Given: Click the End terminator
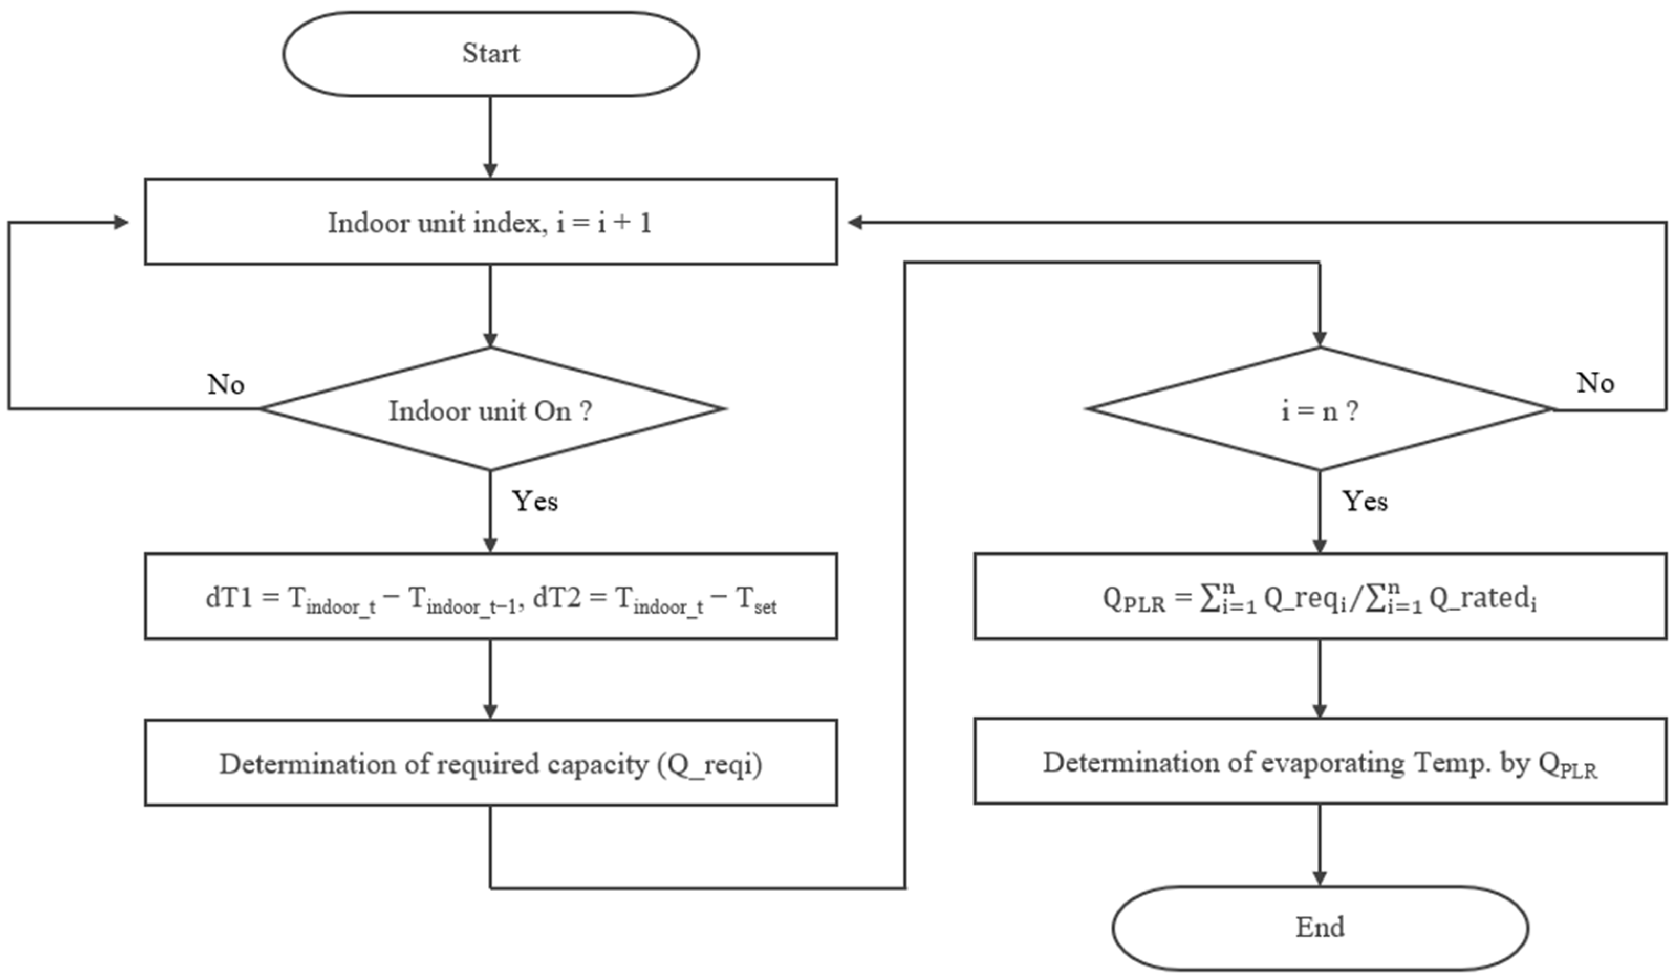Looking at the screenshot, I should tap(1320, 928).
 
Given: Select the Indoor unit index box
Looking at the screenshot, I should tap(491, 222).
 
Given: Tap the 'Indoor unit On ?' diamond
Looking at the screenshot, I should tap(491, 410).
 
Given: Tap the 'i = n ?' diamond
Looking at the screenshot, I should tap(1320, 410).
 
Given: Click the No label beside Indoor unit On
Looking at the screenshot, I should tap(225, 385).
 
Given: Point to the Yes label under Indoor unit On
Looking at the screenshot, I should tap(534, 501).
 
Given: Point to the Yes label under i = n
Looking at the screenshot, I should tap(1365, 501).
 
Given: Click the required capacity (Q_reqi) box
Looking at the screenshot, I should tap(491, 764).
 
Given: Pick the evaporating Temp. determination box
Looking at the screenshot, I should tap(1320, 762).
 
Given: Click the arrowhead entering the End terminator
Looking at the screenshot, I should tap(1320, 877).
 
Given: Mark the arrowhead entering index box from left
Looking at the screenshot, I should tap(122, 223).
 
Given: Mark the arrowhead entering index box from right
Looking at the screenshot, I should tap(856, 223).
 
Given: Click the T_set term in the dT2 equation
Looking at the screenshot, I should tap(757, 600).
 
